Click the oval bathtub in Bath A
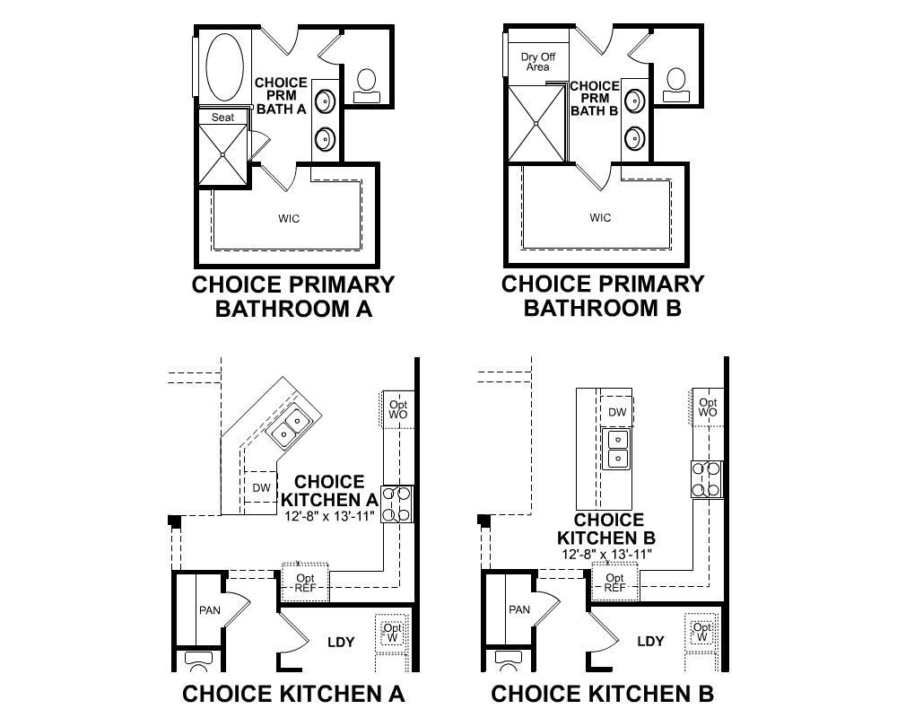click(225, 67)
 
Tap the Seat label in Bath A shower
click(222, 118)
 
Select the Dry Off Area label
click(537, 62)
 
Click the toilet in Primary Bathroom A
click(366, 86)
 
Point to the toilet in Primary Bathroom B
click(676, 85)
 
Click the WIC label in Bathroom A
click(289, 218)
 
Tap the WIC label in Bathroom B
click(600, 217)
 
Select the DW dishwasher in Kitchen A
click(261, 487)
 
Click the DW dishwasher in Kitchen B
click(617, 412)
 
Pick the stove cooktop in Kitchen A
click(396, 503)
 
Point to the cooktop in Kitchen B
click(707, 479)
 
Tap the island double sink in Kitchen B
click(617, 450)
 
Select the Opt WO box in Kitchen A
click(397, 409)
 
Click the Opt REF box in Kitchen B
click(615, 582)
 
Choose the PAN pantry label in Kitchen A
click(209, 610)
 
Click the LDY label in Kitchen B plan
click(650, 642)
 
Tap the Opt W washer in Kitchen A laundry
click(392, 634)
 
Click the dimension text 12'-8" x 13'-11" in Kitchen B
click(607, 554)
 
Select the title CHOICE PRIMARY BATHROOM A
click(293, 296)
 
